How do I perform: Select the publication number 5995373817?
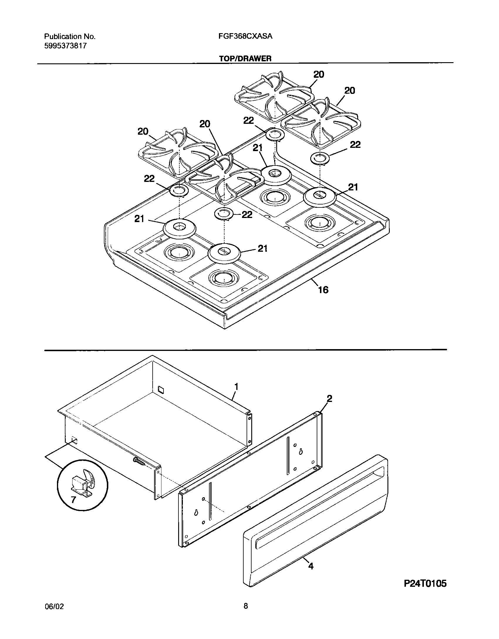pyautogui.click(x=65, y=46)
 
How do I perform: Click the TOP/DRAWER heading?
pyautogui.click(x=245, y=58)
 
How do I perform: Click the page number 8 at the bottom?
pyautogui.click(x=246, y=613)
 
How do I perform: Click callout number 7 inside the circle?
pyautogui.click(x=73, y=499)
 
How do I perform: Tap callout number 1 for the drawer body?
pyautogui.click(x=236, y=387)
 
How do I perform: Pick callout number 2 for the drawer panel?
pyautogui.click(x=329, y=398)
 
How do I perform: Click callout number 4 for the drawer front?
pyautogui.click(x=311, y=566)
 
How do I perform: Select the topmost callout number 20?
pyautogui.click(x=318, y=75)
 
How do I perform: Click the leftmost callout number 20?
pyautogui.click(x=143, y=131)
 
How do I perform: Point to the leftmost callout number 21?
pyautogui.click(x=139, y=219)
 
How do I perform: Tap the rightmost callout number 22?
pyautogui.click(x=355, y=145)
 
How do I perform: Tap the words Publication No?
pyautogui.click(x=70, y=36)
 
